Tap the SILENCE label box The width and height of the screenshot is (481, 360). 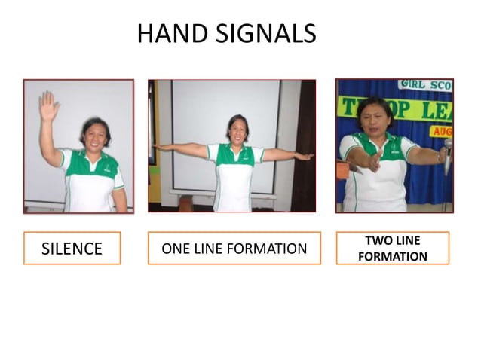[72, 249]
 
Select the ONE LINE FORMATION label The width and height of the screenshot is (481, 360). [234, 249]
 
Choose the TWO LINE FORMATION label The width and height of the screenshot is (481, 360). [392, 249]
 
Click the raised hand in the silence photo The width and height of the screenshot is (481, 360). [49, 106]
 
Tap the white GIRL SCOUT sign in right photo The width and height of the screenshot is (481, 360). [425, 85]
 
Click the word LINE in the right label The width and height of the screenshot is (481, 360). [407, 241]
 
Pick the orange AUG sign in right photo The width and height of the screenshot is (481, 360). [442, 130]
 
